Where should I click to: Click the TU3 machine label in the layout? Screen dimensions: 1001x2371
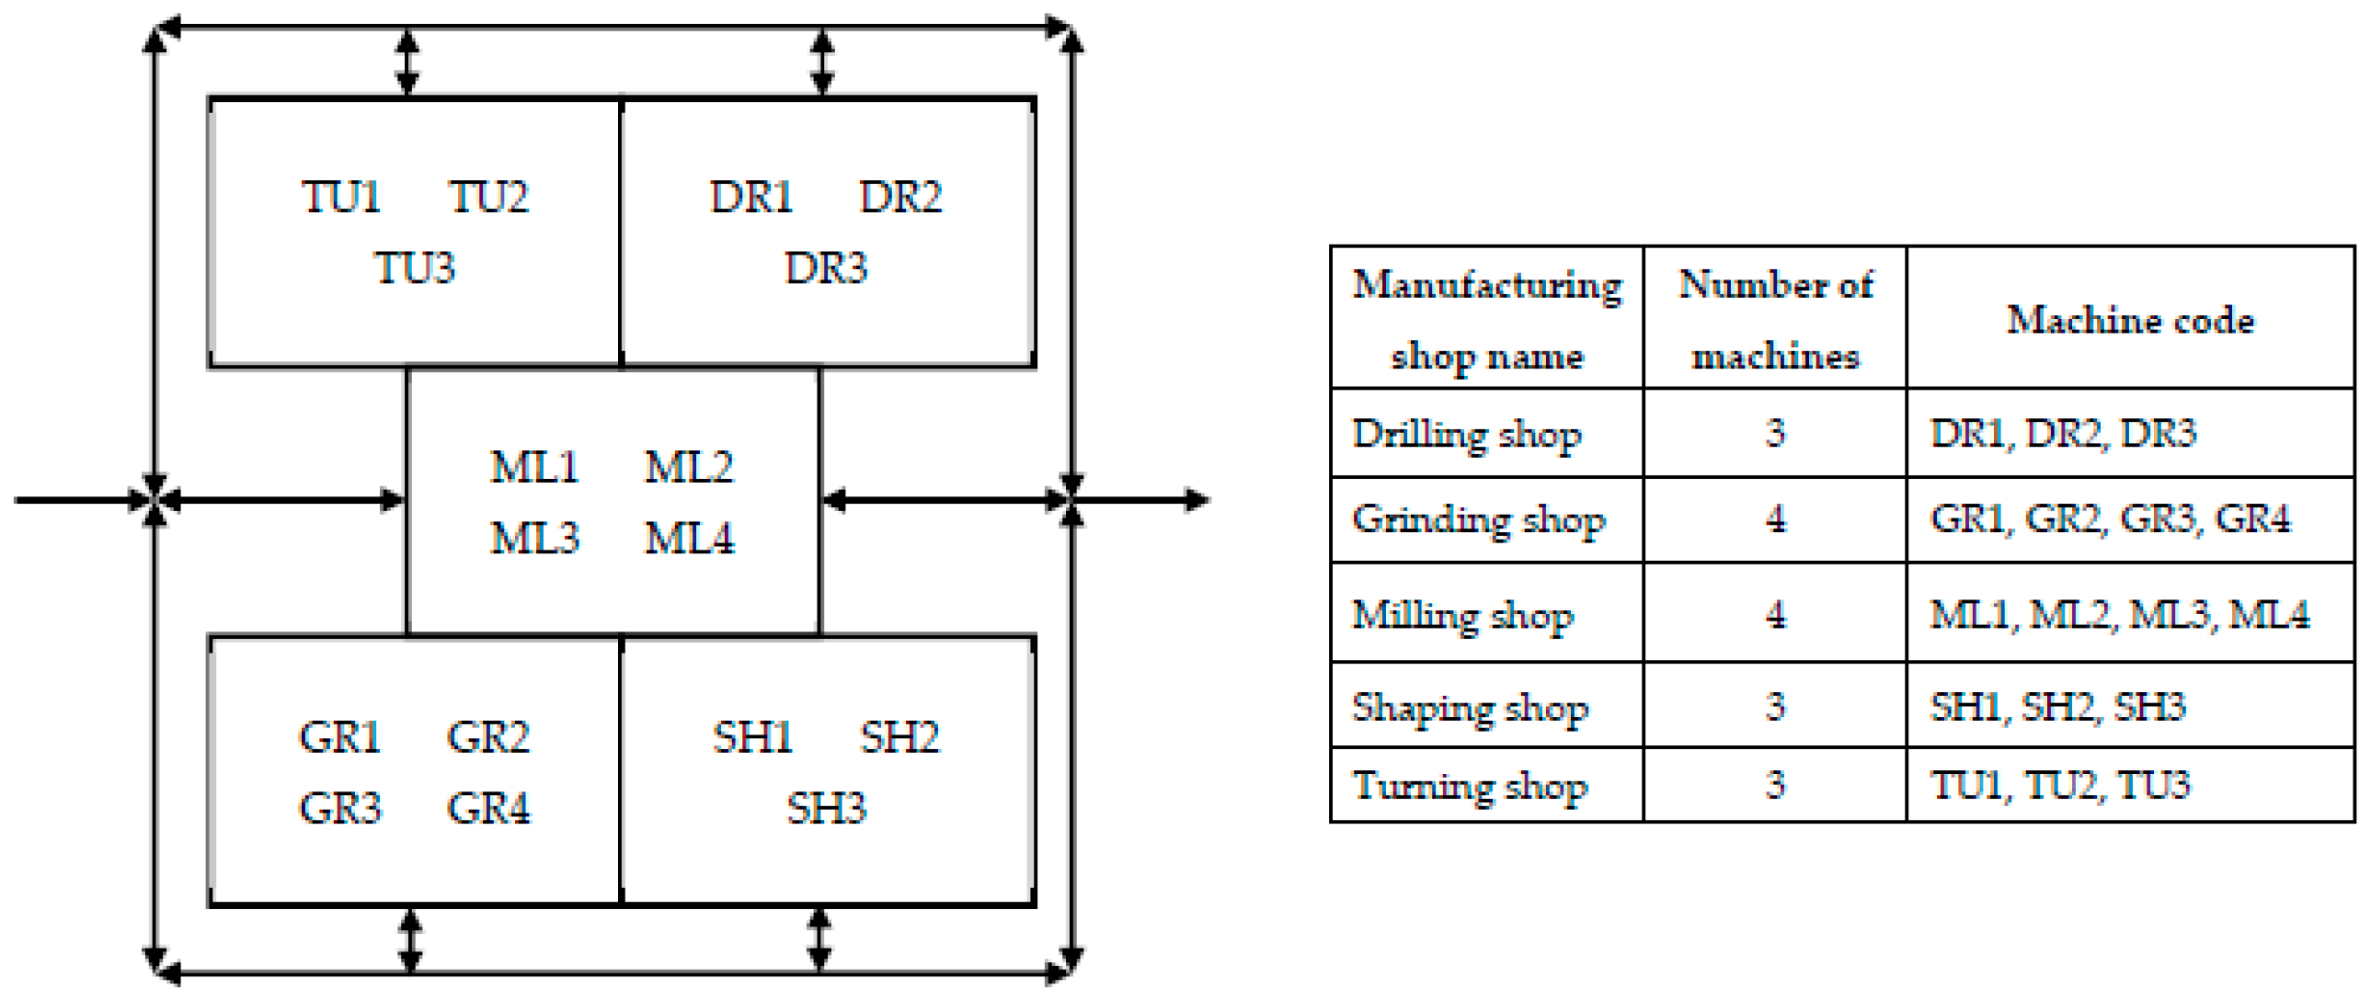415,268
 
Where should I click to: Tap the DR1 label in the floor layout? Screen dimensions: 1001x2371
751,197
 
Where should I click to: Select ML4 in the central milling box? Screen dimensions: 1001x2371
690,539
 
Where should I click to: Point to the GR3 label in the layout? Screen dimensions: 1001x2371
339,809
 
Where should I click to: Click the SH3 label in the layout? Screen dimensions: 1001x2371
826,809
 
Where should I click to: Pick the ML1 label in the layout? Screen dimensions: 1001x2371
533,467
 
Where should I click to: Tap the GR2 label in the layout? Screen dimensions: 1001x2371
487,737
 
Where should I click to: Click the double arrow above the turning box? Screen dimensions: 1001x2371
407,63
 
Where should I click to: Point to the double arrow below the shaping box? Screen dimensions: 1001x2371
819,939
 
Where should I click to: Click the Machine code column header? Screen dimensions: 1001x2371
2130,320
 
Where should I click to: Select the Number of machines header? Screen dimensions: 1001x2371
1775,319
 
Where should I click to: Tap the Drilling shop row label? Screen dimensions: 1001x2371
1466,433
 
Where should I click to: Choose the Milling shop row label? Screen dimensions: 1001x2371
1462,615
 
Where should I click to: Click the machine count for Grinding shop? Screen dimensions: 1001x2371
1775,520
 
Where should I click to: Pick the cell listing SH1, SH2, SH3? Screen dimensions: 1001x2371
2057,707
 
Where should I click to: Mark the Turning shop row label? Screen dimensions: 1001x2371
1470,786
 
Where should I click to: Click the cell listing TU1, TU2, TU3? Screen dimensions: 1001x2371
2060,786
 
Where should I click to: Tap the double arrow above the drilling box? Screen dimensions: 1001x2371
823,63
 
